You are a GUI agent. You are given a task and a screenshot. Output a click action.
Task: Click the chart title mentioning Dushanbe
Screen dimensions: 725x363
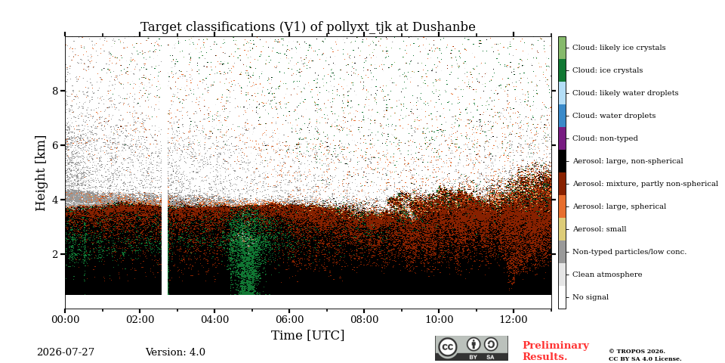coord(308,27)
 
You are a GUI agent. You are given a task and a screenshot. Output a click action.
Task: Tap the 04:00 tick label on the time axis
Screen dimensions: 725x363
coord(214,319)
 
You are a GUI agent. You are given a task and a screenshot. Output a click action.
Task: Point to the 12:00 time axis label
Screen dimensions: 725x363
coord(514,319)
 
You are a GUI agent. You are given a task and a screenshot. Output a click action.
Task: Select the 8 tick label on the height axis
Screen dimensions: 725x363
coord(56,91)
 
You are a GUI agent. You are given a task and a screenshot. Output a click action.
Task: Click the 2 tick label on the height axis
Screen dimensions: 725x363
coord(56,254)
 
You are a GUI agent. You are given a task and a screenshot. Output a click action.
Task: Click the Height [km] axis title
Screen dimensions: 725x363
coord(41,172)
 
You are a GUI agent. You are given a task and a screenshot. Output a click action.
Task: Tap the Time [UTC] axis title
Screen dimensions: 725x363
coord(308,335)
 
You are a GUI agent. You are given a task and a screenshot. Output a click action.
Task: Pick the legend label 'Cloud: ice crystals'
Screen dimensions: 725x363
coord(607,70)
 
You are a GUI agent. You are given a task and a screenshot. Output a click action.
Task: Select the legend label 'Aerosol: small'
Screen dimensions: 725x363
coord(599,229)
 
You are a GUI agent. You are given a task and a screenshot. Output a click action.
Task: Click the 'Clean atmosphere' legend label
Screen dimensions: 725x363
coord(607,275)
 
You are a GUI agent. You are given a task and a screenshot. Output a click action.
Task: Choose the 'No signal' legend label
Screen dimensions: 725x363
coord(591,297)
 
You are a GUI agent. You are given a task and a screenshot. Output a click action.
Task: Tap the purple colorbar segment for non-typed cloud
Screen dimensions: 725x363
coord(562,138)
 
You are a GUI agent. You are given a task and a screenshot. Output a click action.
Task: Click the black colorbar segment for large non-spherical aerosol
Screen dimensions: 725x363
coord(562,161)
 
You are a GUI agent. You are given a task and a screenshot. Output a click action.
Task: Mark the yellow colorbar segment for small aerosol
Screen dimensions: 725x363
coord(562,229)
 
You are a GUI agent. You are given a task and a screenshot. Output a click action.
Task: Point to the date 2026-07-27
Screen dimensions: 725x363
coord(66,352)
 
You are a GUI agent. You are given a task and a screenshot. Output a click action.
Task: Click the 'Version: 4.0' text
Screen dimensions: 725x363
coord(175,352)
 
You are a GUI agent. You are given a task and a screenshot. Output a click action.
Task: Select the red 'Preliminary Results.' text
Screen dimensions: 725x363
coord(556,351)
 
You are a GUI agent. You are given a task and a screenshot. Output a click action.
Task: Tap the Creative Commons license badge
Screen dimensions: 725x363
coord(471,348)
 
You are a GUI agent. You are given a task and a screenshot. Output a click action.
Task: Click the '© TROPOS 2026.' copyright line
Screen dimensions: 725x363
coord(637,352)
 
